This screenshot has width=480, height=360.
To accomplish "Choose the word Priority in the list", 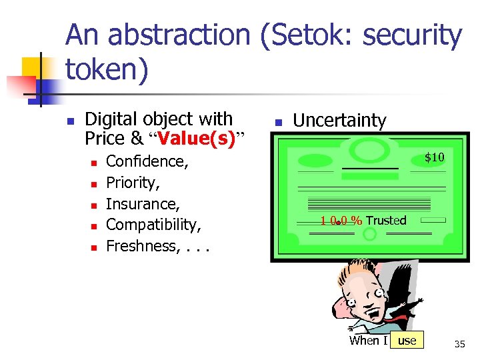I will click(133, 183).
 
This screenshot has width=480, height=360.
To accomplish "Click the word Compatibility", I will click(153, 225).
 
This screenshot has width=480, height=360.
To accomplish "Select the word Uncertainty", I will click(339, 121).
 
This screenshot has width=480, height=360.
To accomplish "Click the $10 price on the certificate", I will click(435, 157).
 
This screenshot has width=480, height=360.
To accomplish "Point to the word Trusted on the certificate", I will click(386, 221).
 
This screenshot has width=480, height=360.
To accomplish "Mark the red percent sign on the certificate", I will click(357, 221).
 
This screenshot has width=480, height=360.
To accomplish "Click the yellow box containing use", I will click(407, 341).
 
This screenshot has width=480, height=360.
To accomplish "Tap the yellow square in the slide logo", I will click(31, 67).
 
